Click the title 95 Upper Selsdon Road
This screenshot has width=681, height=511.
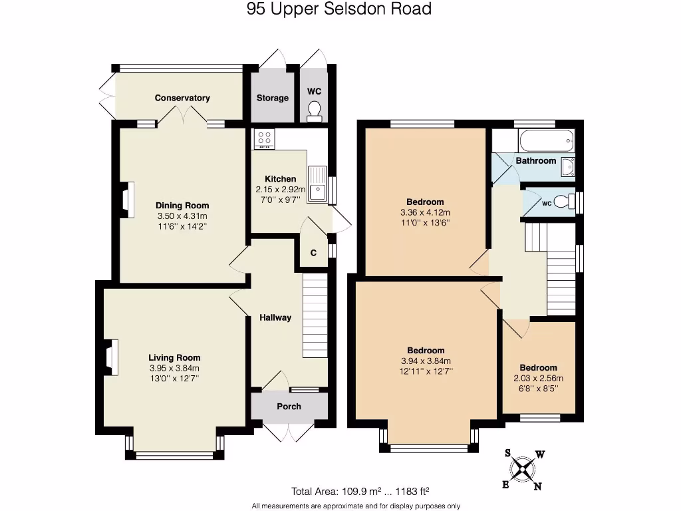[339, 9]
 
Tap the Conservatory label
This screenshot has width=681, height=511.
[182, 98]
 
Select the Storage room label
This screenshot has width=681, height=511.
[273, 98]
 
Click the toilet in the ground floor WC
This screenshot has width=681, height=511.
[315, 111]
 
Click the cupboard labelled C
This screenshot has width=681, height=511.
[313, 253]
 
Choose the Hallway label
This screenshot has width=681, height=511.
[275, 317]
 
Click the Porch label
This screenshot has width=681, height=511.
[289, 406]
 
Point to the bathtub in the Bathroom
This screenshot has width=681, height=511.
[545, 141]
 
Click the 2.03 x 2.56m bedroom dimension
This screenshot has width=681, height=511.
[538, 379]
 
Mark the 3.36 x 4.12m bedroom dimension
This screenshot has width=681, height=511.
[425, 212]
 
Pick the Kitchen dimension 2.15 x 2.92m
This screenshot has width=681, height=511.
[281, 190]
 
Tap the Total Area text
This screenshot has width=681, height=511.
[360, 492]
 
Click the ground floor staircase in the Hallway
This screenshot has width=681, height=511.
[315, 315]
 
